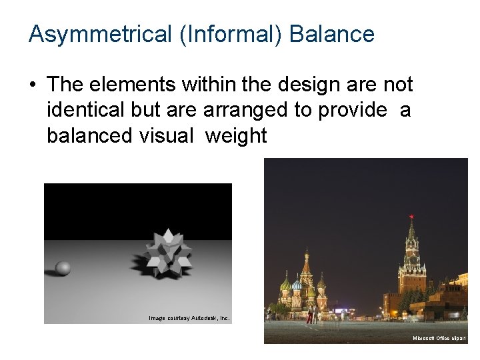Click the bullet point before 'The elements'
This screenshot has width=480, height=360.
tap(33, 85)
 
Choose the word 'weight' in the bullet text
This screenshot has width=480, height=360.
tap(236, 136)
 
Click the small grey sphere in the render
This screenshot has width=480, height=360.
tap(63, 268)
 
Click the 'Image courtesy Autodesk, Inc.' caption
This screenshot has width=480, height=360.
tap(189, 318)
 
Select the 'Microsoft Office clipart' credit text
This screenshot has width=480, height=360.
tap(439, 339)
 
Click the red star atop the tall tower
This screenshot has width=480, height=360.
tap(411, 217)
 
